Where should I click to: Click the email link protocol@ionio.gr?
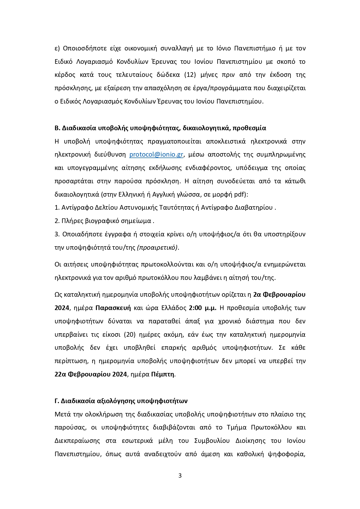[156, 155]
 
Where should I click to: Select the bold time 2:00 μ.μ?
[202, 308]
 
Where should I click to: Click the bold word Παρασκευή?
[113, 308]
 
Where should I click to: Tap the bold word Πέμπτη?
[163, 374]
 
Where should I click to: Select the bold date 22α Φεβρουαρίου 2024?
[91, 374]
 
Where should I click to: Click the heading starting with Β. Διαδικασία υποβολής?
[160, 128]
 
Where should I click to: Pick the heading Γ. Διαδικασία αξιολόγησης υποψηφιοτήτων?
[121, 401]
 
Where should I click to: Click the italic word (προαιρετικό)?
[158, 247]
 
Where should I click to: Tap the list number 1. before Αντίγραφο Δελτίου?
[57, 208]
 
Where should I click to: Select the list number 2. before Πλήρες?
[57, 221]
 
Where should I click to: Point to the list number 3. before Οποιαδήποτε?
[57, 234]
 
